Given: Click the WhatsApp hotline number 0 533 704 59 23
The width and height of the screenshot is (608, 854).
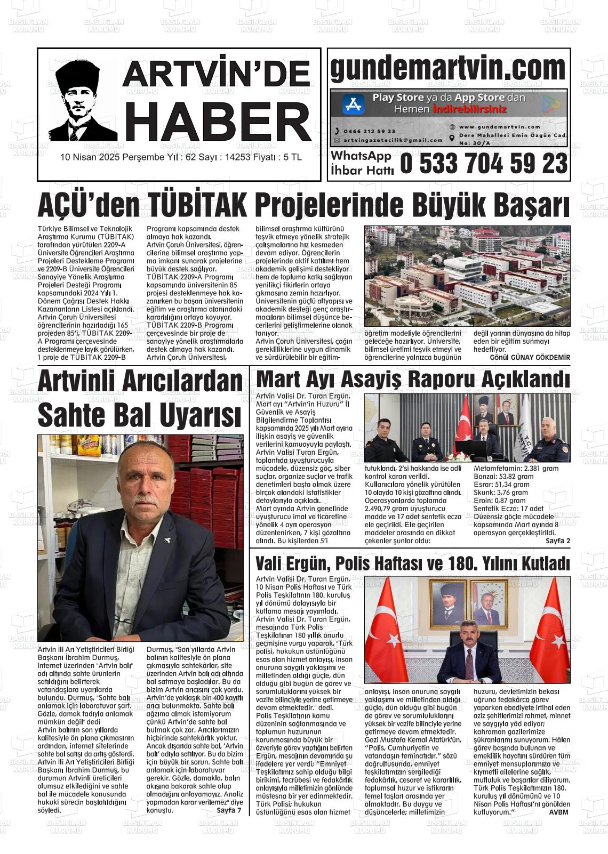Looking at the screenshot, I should pyautogui.click(x=483, y=163).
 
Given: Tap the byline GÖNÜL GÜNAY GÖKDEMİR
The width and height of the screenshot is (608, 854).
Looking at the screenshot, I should pyautogui.click(x=530, y=357).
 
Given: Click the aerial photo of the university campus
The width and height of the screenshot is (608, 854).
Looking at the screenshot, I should pyautogui.click(x=467, y=276).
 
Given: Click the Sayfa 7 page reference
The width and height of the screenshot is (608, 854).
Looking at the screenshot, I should pyautogui.click(x=229, y=810).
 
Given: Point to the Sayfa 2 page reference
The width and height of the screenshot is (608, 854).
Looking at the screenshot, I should pyautogui.click(x=558, y=541).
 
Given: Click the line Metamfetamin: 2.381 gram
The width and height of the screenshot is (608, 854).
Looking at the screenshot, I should pyautogui.click(x=516, y=469).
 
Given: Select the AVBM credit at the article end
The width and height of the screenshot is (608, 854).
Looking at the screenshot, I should pyautogui.click(x=558, y=812).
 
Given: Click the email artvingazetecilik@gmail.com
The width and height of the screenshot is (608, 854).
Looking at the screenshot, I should pyautogui.click(x=393, y=140).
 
